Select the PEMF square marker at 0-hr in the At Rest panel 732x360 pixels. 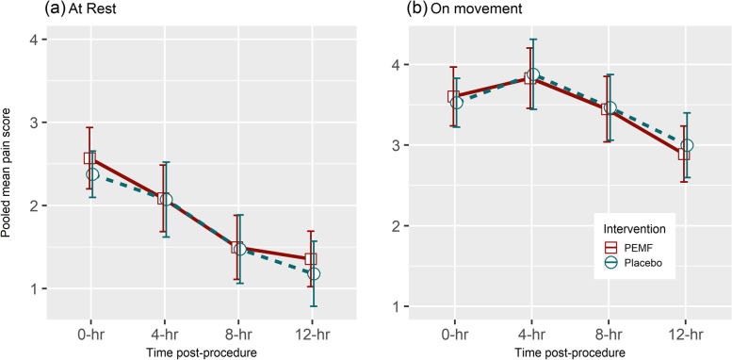tap(90, 158)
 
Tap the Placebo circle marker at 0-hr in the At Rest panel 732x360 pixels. tap(92, 174)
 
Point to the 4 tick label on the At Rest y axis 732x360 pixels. tap(35, 41)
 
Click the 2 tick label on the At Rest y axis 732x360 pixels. tap(35, 206)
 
